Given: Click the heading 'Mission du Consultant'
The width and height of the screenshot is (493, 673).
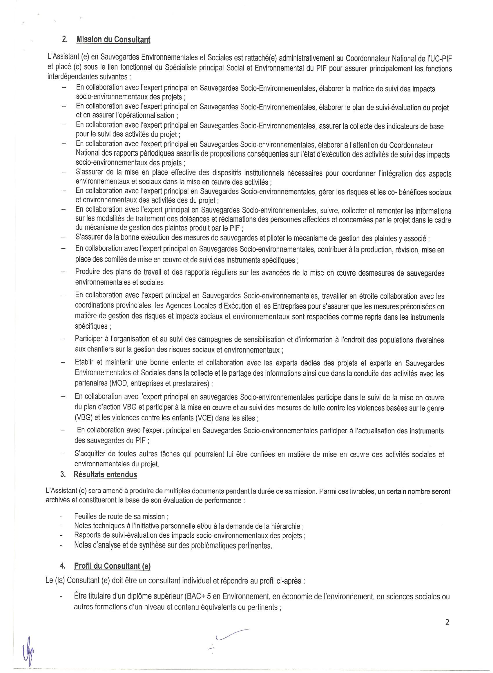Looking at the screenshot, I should click(113, 40).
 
